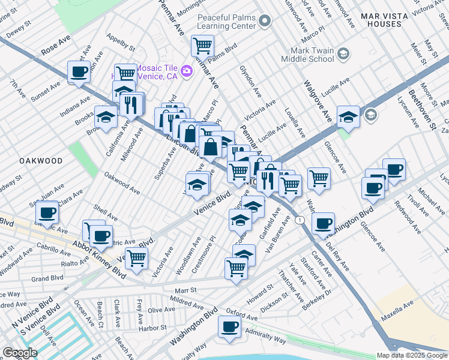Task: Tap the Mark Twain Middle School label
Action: tap(308, 55)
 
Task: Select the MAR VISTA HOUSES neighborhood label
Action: tap(390, 19)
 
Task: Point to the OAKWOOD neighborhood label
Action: tap(41, 161)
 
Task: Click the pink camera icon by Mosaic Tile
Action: tap(187, 71)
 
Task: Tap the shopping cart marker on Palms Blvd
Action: tap(203, 46)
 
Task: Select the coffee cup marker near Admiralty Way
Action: tap(229, 328)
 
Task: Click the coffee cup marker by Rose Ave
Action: tap(79, 71)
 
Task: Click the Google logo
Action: tap(20, 353)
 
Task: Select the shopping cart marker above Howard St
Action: tap(236, 268)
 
